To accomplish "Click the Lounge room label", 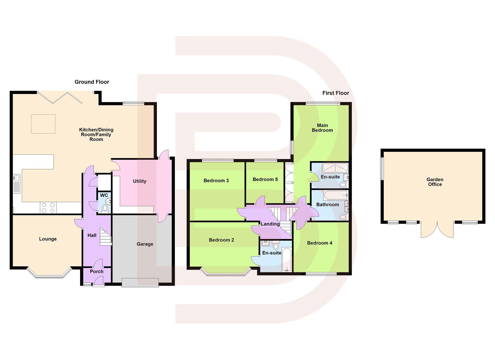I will (48, 239).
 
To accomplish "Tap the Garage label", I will (145, 244).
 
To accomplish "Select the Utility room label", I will (139, 181).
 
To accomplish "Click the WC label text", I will (104, 195).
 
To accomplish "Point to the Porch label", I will (97, 271).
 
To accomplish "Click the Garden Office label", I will (435, 182).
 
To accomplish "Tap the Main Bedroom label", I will (322, 128).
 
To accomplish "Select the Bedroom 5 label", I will (265, 179).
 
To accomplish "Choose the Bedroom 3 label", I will (216, 181).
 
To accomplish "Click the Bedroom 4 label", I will (319, 243).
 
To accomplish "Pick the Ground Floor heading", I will (92, 82).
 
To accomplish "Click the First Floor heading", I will (335, 93).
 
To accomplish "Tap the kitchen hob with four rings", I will (48, 208).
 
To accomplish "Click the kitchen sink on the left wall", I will (17, 184).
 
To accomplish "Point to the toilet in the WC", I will (105, 208).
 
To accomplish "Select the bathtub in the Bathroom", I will (335, 195).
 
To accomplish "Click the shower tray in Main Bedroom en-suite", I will (335, 167).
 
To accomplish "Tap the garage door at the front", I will (140, 282).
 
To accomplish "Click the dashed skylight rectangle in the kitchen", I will (43, 124).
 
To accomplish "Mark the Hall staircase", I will (106, 236).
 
